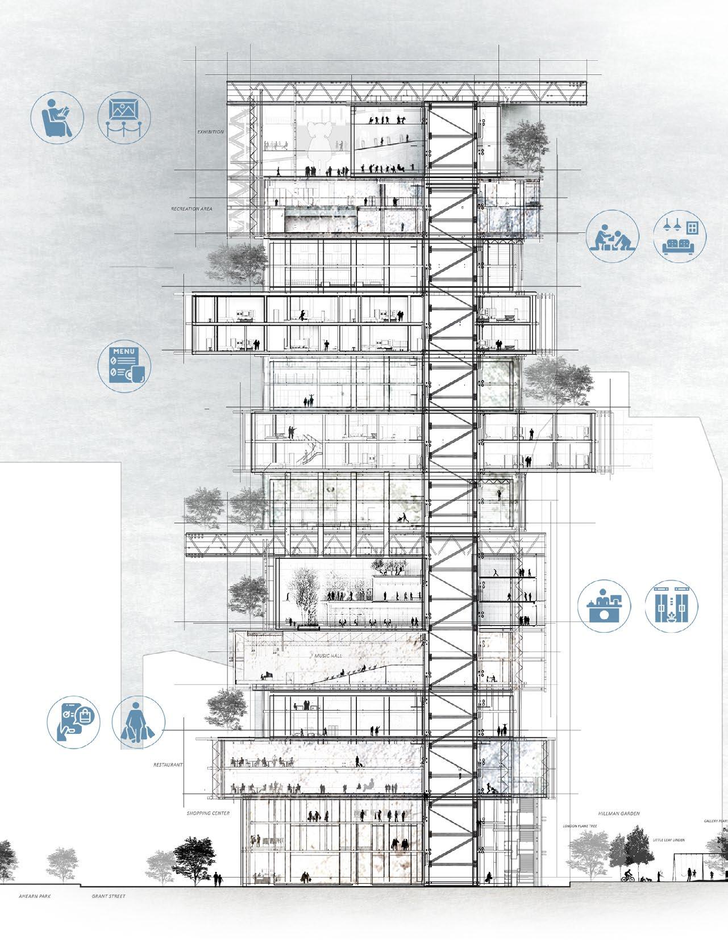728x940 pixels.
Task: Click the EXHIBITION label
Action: click(210, 132)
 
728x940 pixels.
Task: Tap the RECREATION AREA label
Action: click(192, 209)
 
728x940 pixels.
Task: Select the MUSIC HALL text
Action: click(330, 655)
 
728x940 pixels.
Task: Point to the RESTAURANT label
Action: click(168, 765)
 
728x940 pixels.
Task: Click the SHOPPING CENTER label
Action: click(208, 813)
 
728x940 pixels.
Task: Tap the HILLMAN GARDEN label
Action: click(618, 813)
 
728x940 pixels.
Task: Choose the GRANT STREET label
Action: click(109, 897)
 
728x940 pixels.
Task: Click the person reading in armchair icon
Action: click(57, 118)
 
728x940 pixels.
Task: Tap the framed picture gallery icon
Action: click(124, 118)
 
